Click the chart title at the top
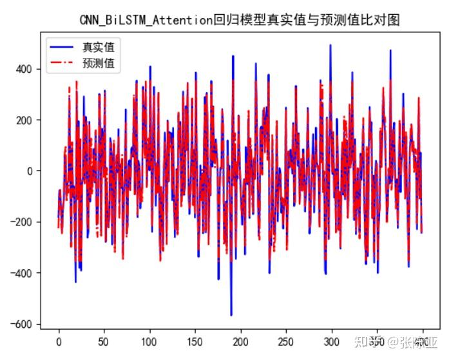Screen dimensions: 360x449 [x=240, y=21]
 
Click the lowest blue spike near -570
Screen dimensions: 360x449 [x=231, y=315]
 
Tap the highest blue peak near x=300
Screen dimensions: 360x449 [x=330, y=46]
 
